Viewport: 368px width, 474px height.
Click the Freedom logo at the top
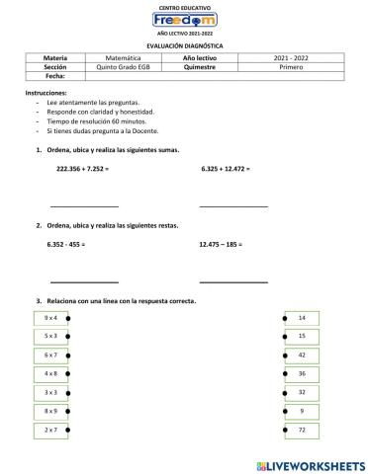pyautogui.click(x=185, y=20)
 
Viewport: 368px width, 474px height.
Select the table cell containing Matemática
pyautogui.click(x=124, y=58)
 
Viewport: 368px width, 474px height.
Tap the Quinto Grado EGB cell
pyautogui.click(x=124, y=66)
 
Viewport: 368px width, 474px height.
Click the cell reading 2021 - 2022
pyautogui.click(x=292, y=58)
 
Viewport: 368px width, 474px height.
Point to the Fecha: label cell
pyautogui.click(x=55, y=75)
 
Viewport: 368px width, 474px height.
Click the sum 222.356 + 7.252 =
pyautogui.click(x=82, y=169)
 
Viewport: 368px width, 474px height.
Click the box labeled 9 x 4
pyautogui.click(x=51, y=317)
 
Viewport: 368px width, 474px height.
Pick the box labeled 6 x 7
pyautogui.click(x=51, y=355)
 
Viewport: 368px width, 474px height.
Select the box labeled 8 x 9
pyautogui.click(x=51, y=411)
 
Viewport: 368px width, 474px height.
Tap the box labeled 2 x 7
pyautogui.click(x=51, y=430)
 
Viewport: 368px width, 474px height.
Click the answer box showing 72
pyautogui.click(x=302, y=430)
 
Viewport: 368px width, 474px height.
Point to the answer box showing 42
pyautogui.click(x=302, y=355)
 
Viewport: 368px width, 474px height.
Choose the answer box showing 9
pyautogui.click(x=302, y=411)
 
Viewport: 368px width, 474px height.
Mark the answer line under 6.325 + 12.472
pyautogui.click(x=233, y=205)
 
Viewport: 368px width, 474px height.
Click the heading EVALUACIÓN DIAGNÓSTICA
pyautogui.click(x=184, y=45)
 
